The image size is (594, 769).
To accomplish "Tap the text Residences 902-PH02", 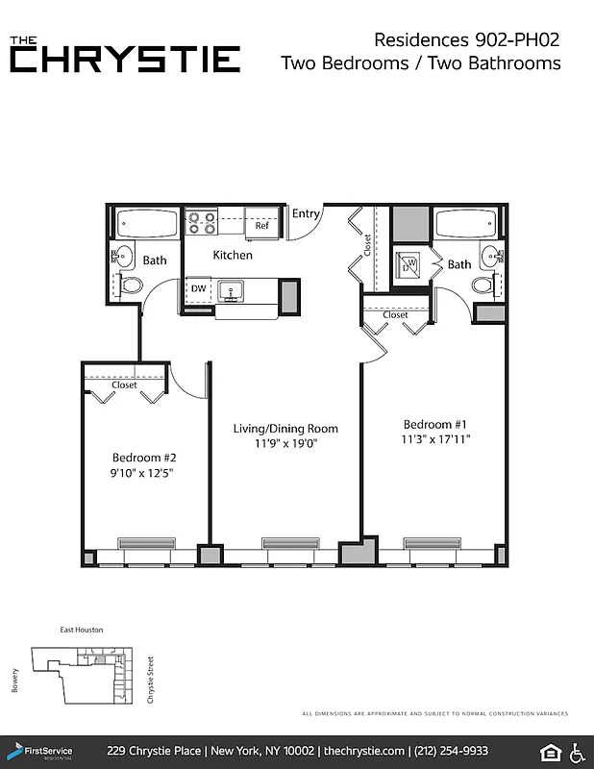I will tap(466, 39).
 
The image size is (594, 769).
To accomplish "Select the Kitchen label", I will tap(233, 255).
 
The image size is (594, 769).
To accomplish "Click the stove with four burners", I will tap(201, 223).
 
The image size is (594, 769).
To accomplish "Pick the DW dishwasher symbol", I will tap(198, 288).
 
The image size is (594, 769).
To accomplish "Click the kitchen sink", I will tap(232, 289).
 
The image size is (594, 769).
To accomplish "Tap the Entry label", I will tap(306, 213).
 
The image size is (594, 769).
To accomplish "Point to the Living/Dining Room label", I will tap(286, 428).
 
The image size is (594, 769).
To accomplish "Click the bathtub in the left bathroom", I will tap(147, 224).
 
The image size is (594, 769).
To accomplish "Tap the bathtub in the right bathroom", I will tap(466, 224).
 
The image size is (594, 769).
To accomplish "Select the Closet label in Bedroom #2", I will tap(124, 384).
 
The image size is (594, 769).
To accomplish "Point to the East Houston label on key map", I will tap(82, 630).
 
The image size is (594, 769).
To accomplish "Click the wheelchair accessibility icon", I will tap(579, 751).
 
